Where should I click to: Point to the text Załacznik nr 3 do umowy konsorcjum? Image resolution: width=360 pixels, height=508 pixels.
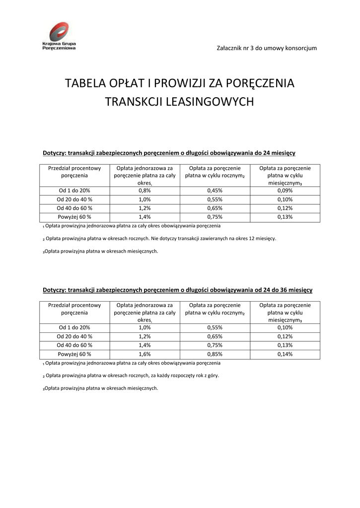tap(267, 48)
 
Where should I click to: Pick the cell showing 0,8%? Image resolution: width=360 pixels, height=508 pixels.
tap(144, 190)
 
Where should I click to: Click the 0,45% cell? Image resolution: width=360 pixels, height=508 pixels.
tap(215, 190)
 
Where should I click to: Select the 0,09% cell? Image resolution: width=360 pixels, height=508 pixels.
tap(285, 190)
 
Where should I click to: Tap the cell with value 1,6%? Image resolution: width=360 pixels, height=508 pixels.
tap(144, 354)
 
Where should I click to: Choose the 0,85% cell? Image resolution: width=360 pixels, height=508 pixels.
tap(215, 354)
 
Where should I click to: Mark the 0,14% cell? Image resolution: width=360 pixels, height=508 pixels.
tap(285, 354)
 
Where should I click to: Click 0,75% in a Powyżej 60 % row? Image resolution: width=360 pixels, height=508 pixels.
tap(215, 217)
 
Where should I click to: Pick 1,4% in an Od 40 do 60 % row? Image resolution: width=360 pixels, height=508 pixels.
tap(144, 345)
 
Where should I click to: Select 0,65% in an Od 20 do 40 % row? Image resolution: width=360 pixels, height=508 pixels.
tap(215, 336)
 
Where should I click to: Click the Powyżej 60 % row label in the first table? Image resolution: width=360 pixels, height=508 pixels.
tap(74, 217)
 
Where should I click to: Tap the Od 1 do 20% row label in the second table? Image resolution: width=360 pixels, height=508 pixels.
tap(74, 327)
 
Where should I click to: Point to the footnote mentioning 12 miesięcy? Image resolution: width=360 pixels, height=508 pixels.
tap(159, 239)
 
